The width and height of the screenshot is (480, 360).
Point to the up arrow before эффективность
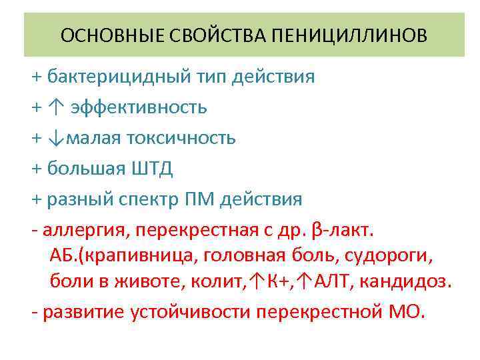pyautogui.click(x=54, y=107)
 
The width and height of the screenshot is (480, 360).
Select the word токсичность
pyautogui.click(x=188, y=138)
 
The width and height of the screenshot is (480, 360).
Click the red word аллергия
pyautogui.click(x=85, y=231)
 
